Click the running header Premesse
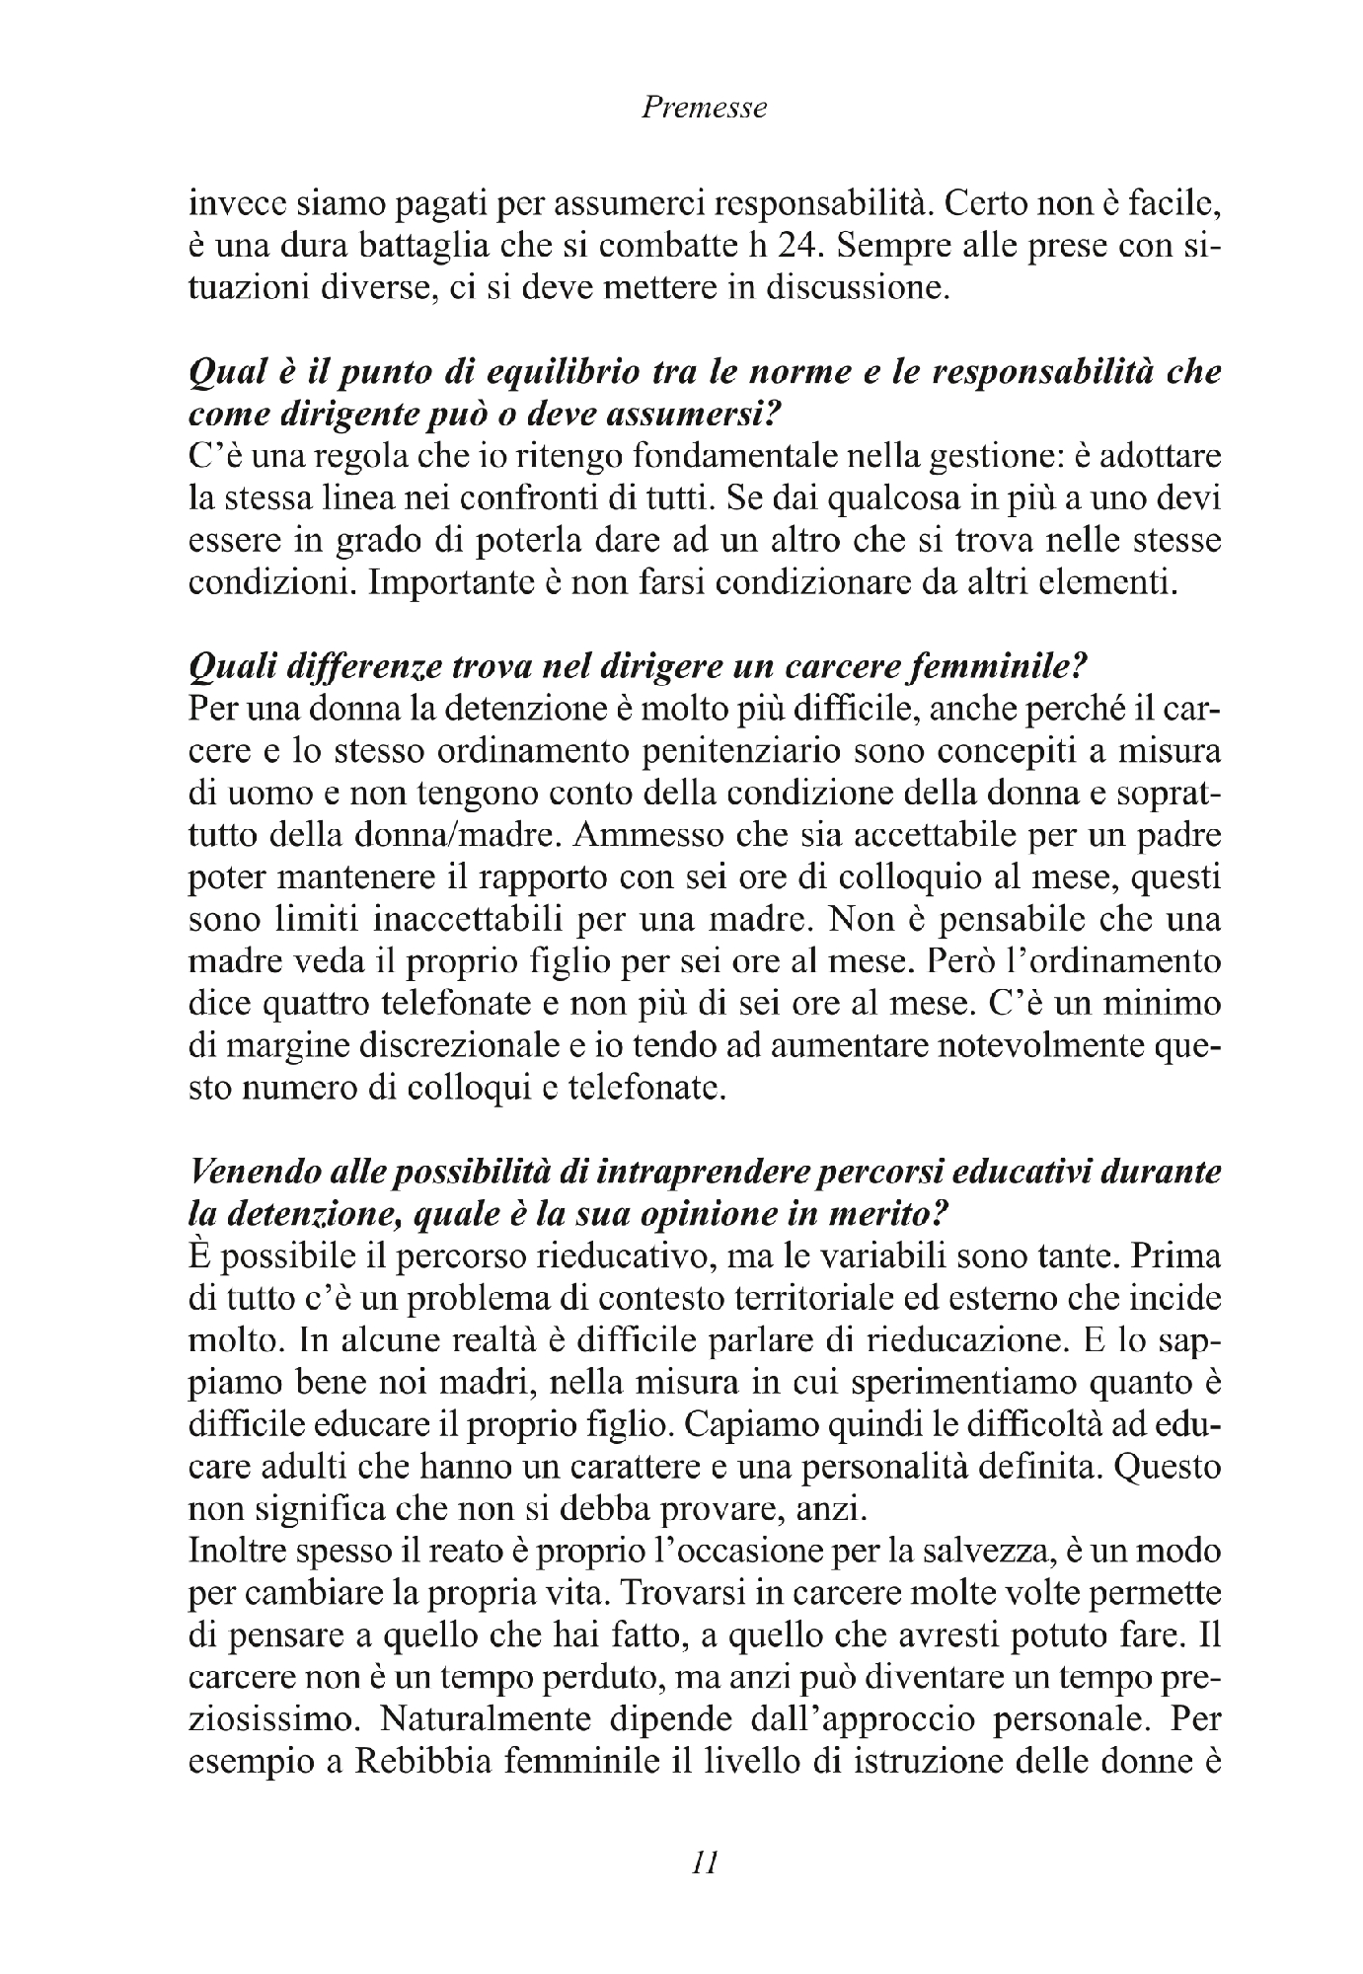tap(704, 108)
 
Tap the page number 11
tap(703, 1861)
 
